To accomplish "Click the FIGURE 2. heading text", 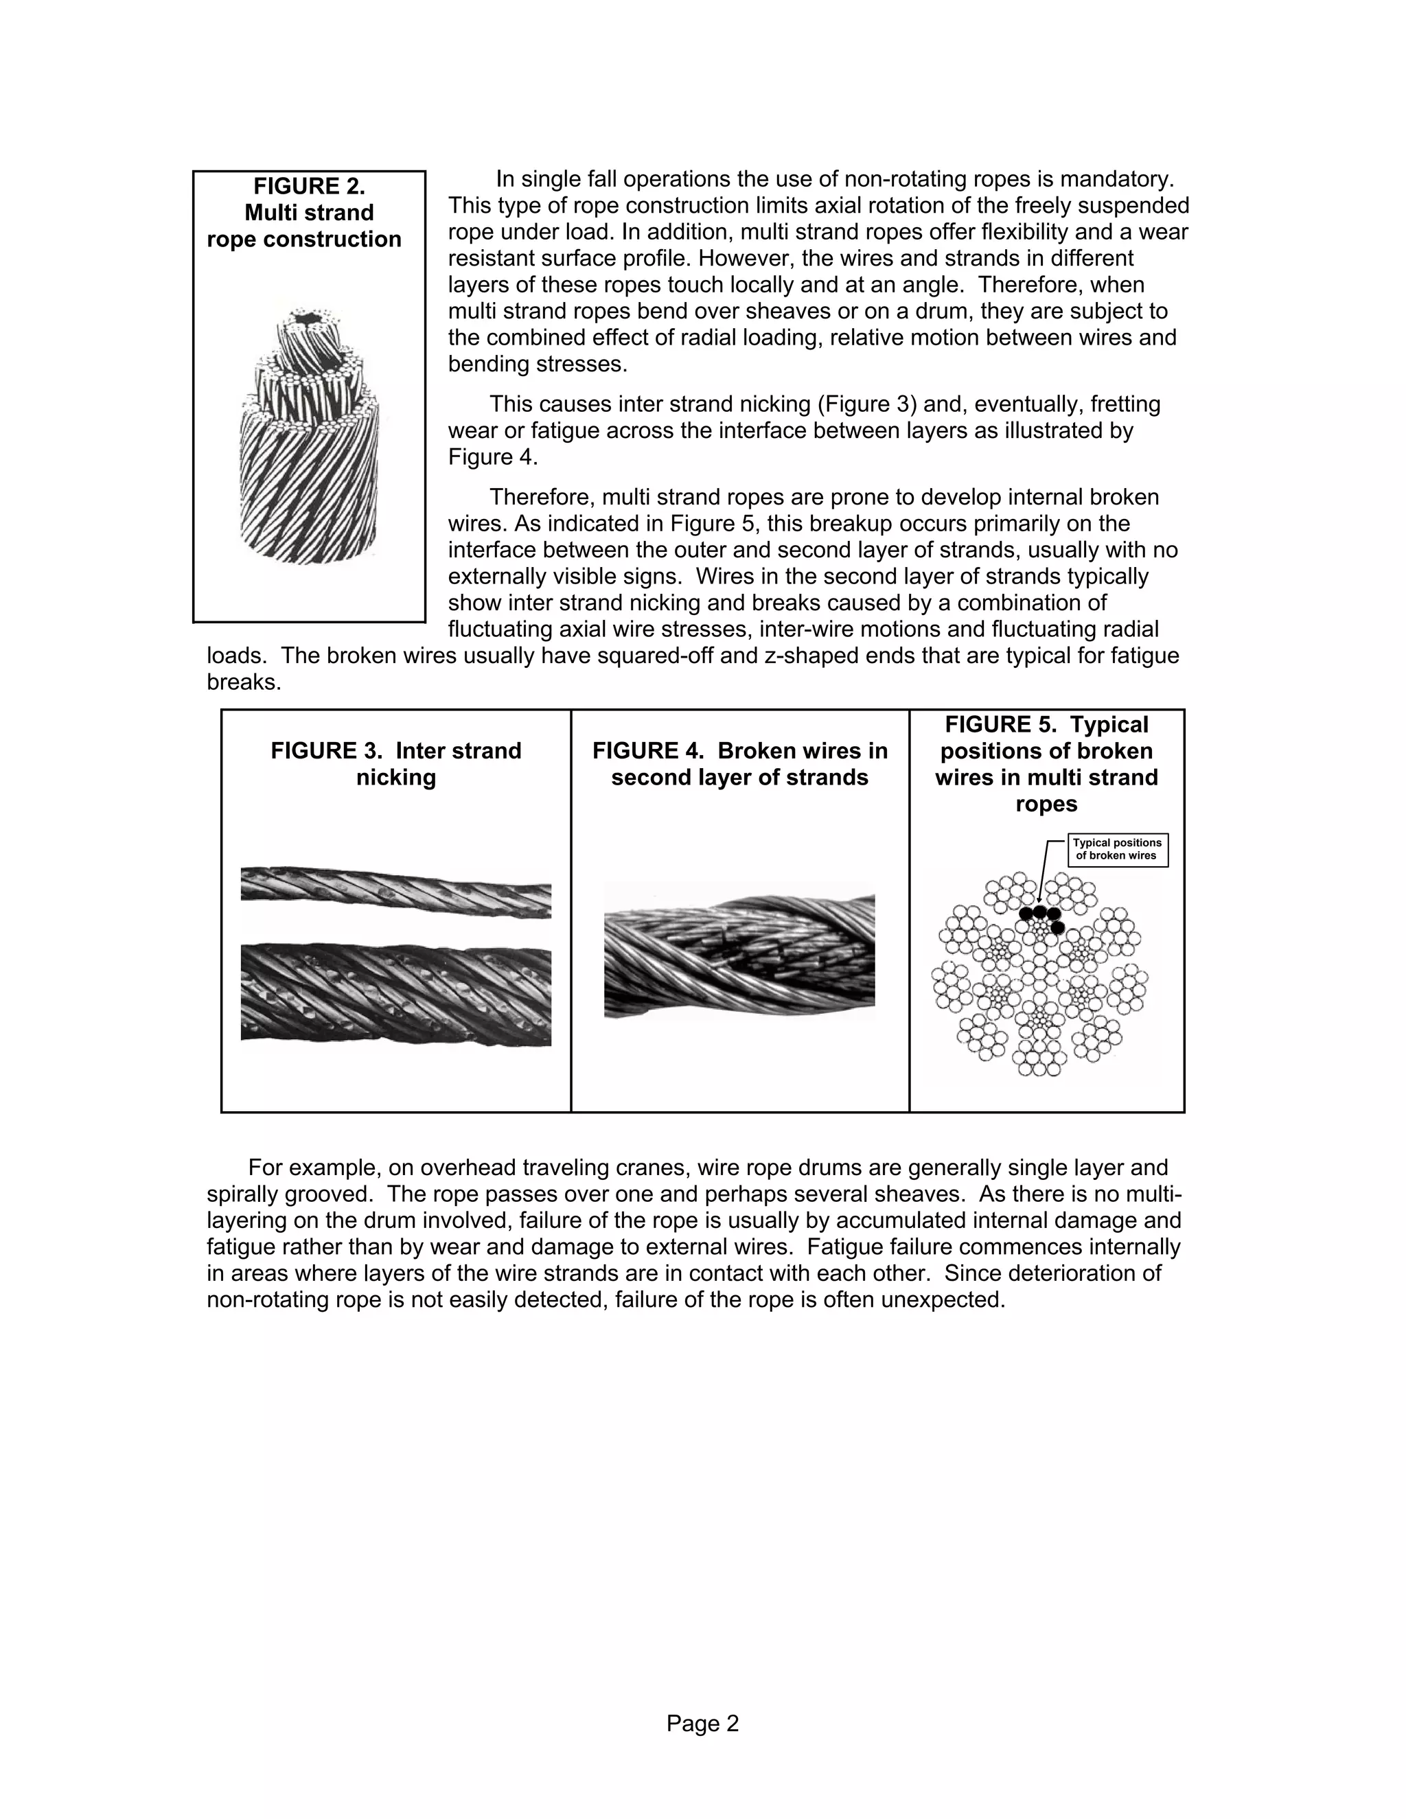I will [x=309, y=186].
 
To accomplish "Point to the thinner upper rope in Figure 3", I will [x=395, y=892].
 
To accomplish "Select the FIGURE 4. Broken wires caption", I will [x=739, y=764].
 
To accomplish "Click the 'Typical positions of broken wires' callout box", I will [x=1117, y=850].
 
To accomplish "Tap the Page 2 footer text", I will [x=702, y=1723].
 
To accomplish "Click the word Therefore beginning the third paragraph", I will [x=542, y=497].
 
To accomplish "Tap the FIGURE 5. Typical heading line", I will [x=1046, y=725].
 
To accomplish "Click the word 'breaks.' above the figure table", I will [x=243, y=682].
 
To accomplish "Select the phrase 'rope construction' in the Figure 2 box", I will [x=304, y=239].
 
